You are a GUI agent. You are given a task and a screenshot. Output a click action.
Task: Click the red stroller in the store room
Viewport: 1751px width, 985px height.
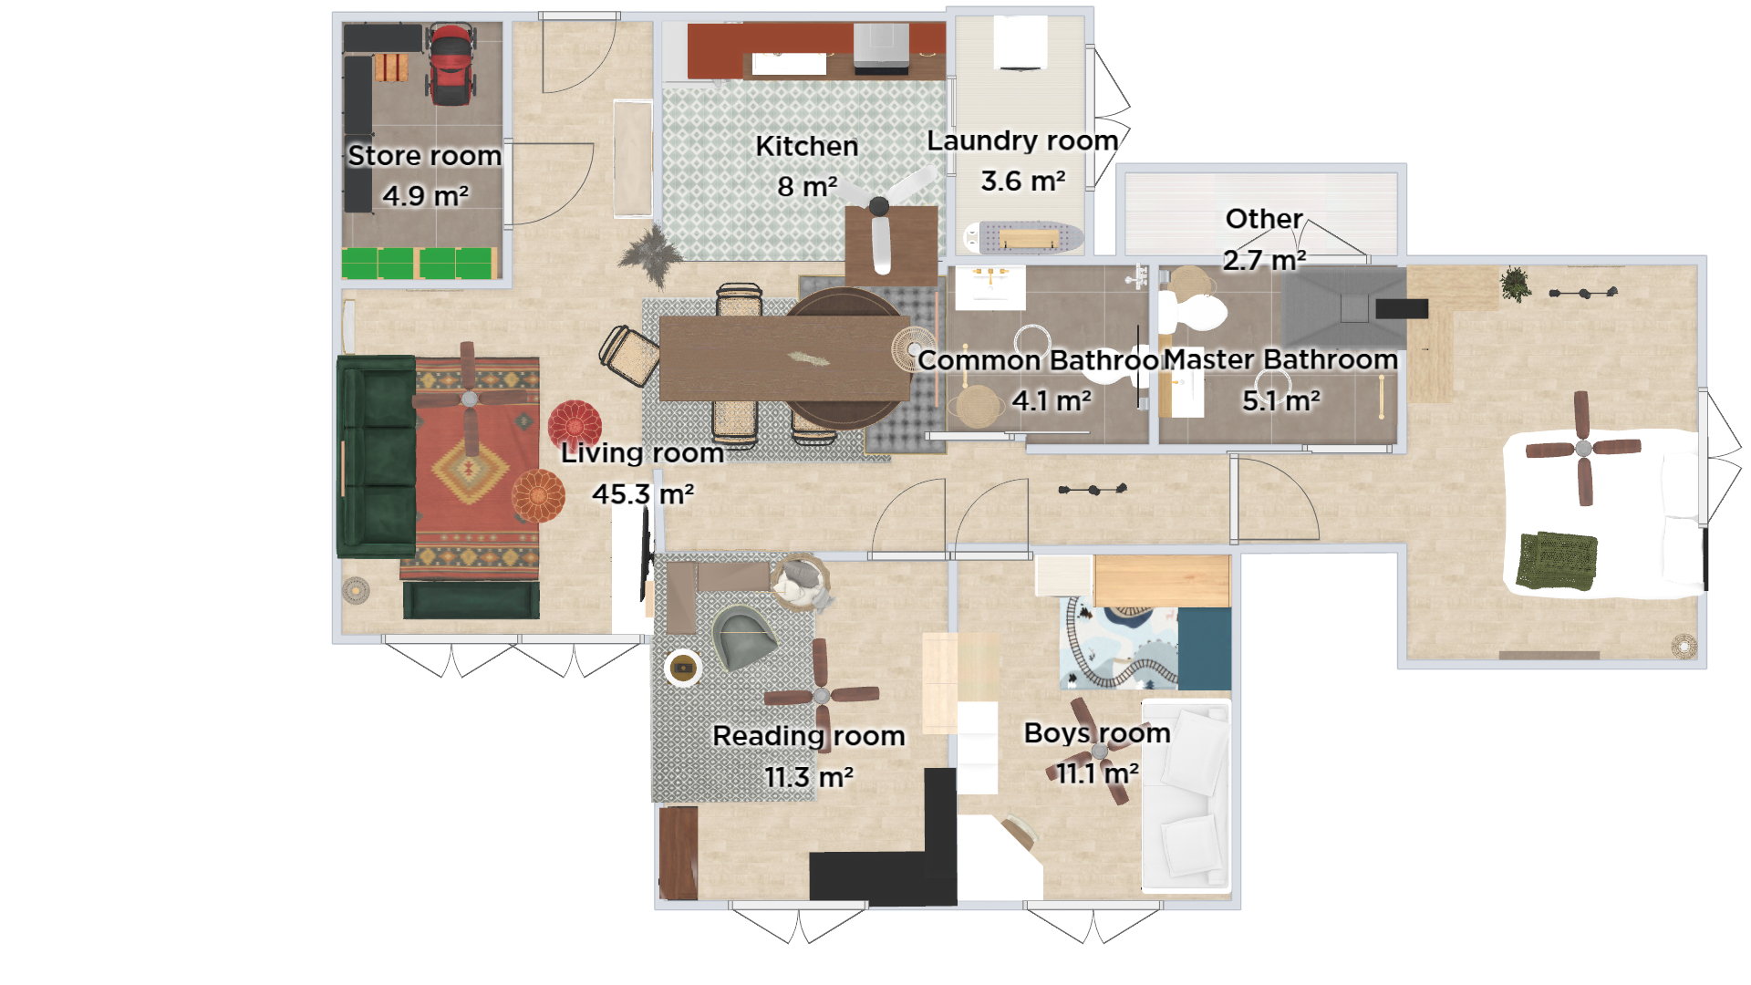click(451, 66)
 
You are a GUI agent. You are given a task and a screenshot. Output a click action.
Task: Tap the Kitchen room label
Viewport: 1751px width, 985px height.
click(806, 146)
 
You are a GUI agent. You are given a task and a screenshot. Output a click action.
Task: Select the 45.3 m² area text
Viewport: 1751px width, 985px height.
click(642, 493)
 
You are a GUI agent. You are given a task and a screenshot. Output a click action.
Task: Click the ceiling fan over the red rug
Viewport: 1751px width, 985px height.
click(469, 399)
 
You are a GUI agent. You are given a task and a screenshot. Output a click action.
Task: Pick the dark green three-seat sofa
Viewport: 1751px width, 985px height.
click(376, 456)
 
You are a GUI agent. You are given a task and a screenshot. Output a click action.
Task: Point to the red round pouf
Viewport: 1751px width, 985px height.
click(575, 425)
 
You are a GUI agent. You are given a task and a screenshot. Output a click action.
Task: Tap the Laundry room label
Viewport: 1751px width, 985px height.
click(1021, 140)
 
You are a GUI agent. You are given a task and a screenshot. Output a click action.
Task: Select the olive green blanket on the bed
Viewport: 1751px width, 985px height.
click(1557, 560)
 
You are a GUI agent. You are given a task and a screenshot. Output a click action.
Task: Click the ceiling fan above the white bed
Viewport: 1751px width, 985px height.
click(1583, 448)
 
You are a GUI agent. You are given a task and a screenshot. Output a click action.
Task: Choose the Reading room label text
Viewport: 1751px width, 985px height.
click(808, 735)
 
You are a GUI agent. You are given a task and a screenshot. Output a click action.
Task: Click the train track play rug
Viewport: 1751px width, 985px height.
click(1120, 644)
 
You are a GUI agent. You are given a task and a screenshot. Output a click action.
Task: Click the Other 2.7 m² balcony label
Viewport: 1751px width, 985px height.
click(1263, 219)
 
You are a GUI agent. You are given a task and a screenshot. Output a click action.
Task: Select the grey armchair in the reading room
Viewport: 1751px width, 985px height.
click(744, 635)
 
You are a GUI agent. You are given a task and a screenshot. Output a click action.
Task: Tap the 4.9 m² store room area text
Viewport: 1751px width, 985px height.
click(425, 195)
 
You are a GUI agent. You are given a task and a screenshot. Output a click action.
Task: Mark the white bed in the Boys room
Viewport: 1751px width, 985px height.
click(1186, 793)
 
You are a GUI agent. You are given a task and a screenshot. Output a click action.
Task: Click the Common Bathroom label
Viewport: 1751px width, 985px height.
click(1038, 360)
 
